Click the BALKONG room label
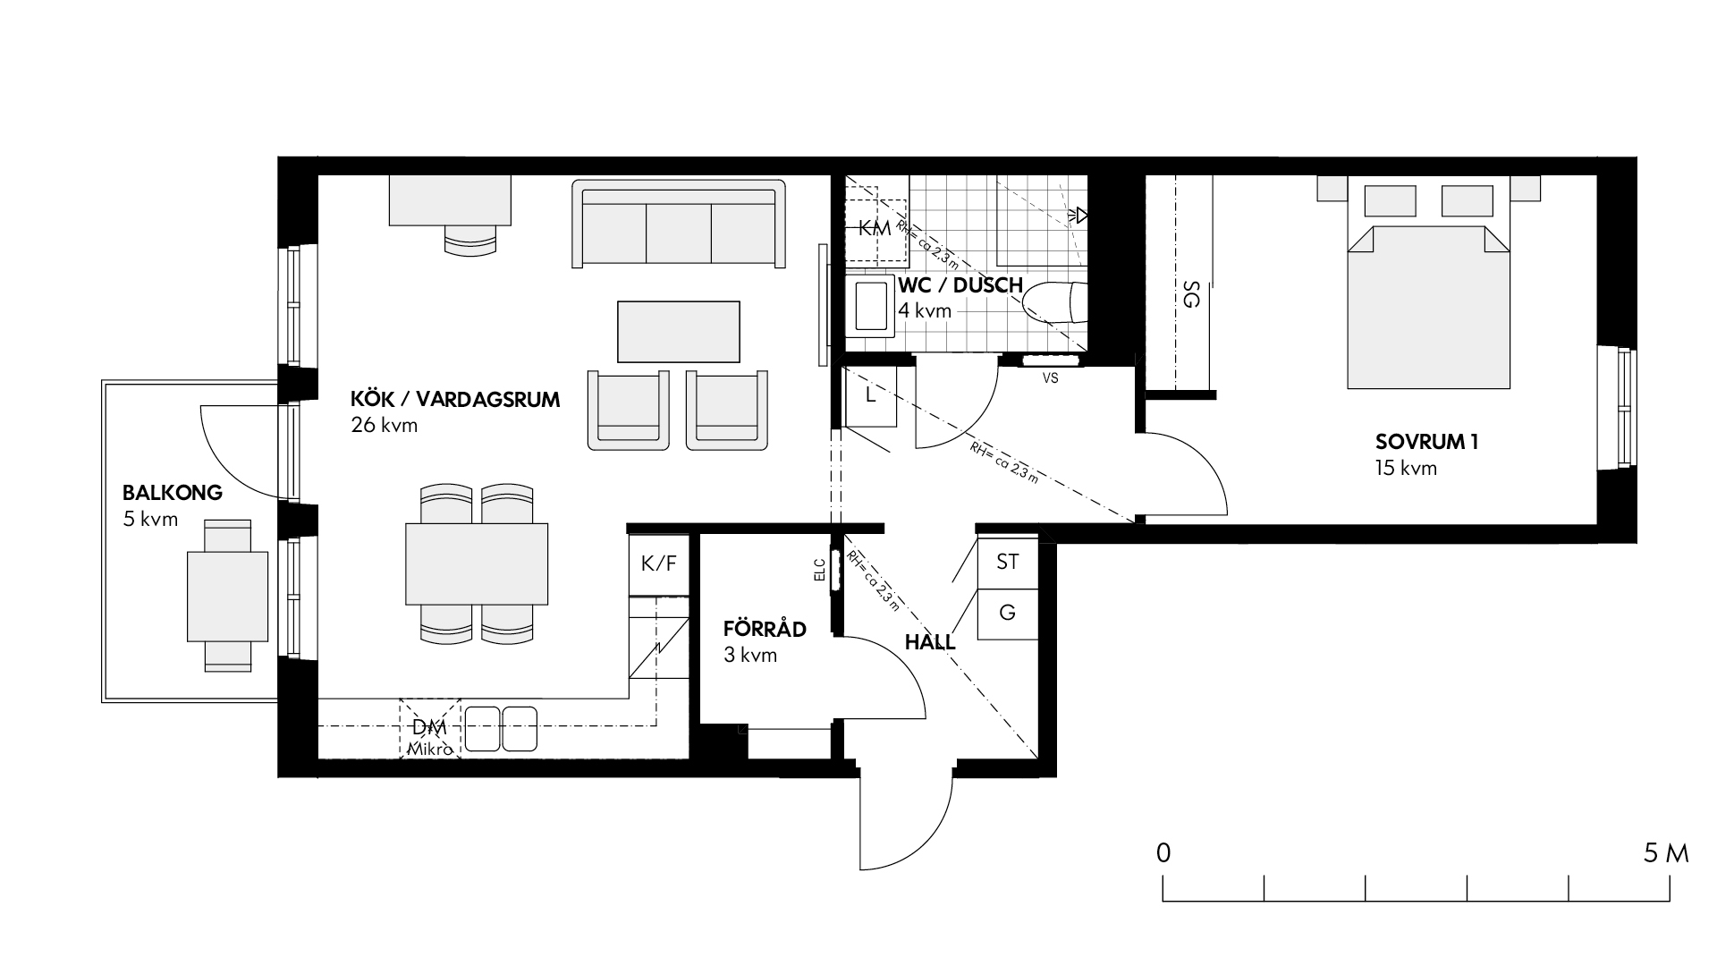click(x=173, y=493)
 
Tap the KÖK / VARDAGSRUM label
click(x=456, y=400)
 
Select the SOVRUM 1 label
click(x=1426, y=442)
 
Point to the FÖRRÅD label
click(x=765, y=629)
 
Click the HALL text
click(x=930, y=642)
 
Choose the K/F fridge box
click(x=659, y=564)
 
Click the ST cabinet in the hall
click(x=1008, y=562)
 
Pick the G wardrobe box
click(x=1008, y=614)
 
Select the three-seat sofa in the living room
click(x=679, y=224)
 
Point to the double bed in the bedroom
click(x=1429, y=286)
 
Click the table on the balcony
click(x=227, y=596)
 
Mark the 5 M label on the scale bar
click(x=1666, y=853)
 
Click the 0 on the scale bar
click(x=1163, y=853)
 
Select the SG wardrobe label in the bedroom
click(x=1190, y=294)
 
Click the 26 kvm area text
click(x=385, y=426)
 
